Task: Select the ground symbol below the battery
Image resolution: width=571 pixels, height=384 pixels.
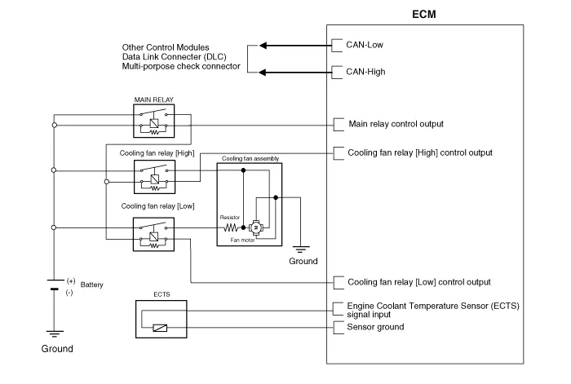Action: pos(54,332)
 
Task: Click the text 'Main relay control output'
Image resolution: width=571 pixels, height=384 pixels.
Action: pos(396,124)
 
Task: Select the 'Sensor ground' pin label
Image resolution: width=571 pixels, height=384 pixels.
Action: pos(375,327)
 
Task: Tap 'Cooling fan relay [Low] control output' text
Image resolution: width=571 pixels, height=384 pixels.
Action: pos(419,282)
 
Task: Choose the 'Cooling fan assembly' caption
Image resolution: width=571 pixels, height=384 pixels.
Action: pos(249,158)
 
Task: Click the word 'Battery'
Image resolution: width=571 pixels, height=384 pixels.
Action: pos(92,285)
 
